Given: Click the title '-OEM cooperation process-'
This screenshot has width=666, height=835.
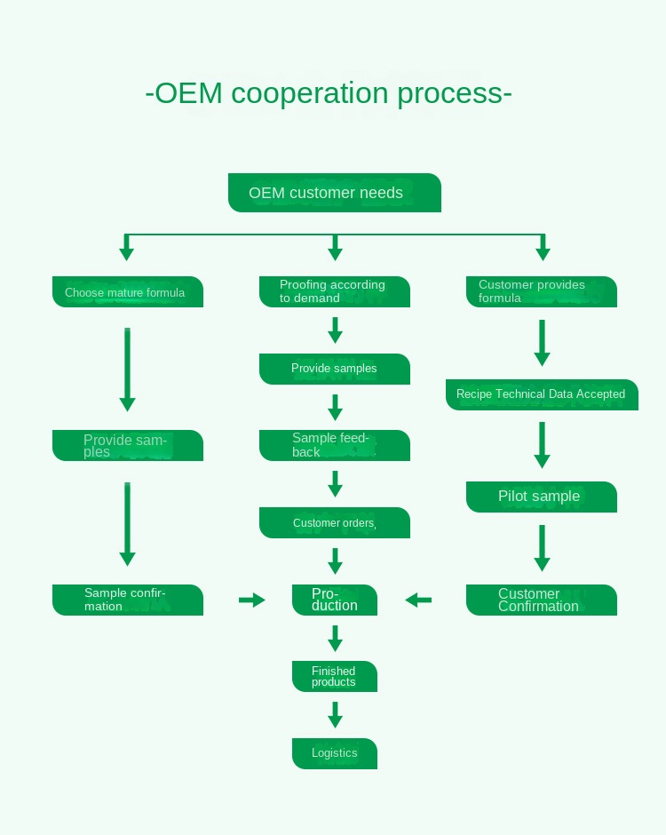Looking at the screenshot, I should click(329, 93).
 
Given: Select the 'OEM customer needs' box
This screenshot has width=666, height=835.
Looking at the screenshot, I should click(334, 193).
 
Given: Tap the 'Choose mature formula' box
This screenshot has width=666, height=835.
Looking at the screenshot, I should click(128, 292).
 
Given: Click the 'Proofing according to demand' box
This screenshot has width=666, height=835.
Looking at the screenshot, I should click(335, 291).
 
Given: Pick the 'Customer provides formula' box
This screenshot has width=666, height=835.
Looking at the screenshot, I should click(542, 291).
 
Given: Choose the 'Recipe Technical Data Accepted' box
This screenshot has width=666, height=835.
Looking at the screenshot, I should click(542, 394).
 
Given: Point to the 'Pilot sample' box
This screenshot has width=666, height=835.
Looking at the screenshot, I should click(542, 497).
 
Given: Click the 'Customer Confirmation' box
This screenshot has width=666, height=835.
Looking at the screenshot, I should click(542, 600).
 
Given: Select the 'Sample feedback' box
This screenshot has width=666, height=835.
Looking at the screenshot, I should click(335, 445).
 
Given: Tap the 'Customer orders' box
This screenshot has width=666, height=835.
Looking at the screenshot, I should click(335, 522).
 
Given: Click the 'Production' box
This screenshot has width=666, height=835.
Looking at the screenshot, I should click(335, 600).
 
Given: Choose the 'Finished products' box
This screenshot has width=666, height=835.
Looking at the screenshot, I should click(335, 676).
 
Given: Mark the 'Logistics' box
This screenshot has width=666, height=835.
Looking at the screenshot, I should click(335, 753).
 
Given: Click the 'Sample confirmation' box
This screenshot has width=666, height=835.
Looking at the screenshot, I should click(128, 600).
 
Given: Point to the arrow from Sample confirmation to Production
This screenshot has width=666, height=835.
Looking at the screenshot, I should click(252, 600).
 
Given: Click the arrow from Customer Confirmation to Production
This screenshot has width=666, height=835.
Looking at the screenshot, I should click(418, 600).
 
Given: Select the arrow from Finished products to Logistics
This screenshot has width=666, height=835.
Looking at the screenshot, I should click(335, 715).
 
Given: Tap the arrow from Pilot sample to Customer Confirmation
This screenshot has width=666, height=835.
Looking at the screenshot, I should click(542, 547).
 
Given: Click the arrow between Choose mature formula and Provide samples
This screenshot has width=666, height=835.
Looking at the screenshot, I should click(127, 369).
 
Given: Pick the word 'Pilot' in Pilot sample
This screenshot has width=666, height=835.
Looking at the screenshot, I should click(514, 496).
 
